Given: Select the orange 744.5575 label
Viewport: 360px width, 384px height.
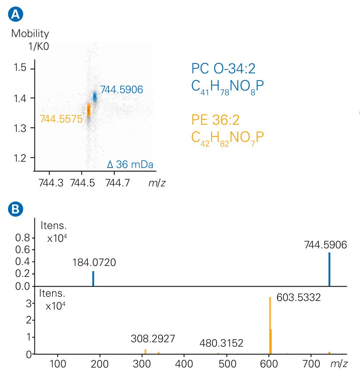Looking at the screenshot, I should pyautogui.click(x=61, y=119).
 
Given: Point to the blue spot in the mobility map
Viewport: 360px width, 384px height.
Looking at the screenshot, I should pyautogui.click(x=95, y=97).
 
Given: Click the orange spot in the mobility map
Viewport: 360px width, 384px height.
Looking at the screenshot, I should pyautogui.click(x=89, y=110).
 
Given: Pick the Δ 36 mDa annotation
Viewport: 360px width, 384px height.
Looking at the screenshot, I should pyautogui.click(x=130, y=165).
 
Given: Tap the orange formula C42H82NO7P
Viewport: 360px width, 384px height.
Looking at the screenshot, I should pyautogui.click(x=227, y=137).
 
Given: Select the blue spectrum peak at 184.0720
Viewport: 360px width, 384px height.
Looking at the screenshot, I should pyautogui.click(x=93, y=278).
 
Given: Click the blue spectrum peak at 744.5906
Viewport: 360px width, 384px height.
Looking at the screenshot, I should pyautogui.click(x=329, y=269).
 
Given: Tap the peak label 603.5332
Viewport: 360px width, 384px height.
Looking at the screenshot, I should pyautogui.click(x=298, y=298).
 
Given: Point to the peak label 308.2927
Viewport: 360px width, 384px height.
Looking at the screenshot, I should pyautogui.click(x=153, y=339).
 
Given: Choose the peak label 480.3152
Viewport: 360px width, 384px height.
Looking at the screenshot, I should pyautogui.click(x=221, y=344).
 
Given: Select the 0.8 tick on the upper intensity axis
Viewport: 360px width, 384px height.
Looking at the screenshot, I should pyautogui.click(x=22, y=238).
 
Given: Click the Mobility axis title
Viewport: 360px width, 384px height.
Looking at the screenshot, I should pyautogui.click(x=30, y=34).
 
